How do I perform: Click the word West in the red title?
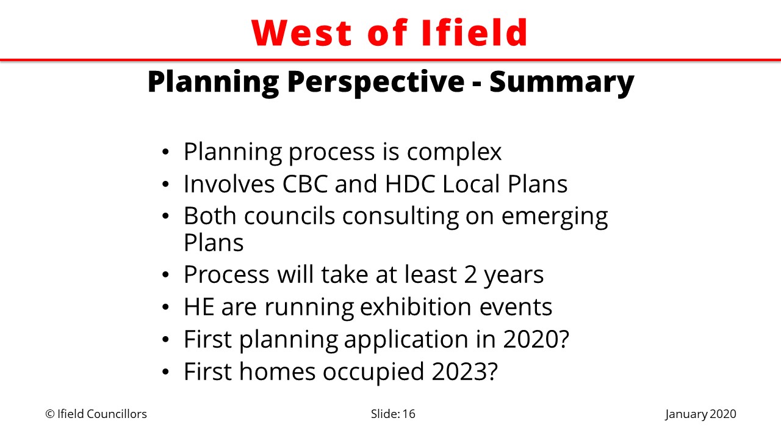click(301, 32)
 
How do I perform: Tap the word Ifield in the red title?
click(474, 32)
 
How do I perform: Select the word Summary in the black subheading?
click(562, 82)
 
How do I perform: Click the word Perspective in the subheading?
click(376, 82)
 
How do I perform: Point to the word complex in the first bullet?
click(455, 153)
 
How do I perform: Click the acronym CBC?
click(305, 184)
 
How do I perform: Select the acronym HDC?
click(410, 184)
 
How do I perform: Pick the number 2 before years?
click(470, 275)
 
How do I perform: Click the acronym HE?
click(199, 307)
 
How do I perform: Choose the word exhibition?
click(416, 307)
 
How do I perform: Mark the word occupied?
click(373, 372)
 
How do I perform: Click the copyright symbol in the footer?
click(50, 414)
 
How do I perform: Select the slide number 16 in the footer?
click(409, 414)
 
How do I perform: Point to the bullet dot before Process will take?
click(165, 275)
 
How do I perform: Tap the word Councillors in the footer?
click(117, 414)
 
